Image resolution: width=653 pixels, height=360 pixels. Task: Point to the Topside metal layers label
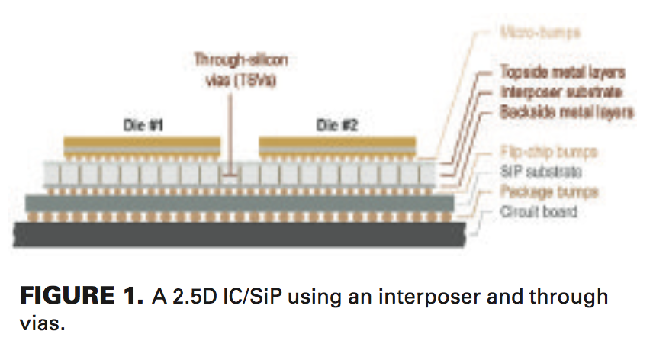pyautogui.click(x=562, y=72)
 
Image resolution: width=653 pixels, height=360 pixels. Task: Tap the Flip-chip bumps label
pyautogui.click(x=547, y=152)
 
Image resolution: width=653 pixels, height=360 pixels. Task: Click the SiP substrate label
pyautogui.click(x=539, y=172)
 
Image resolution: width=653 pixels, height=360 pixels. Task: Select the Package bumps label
pyautogui.click(x=548, y=191)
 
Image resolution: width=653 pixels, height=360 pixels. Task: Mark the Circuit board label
pyautogui.click(x=539, y=211)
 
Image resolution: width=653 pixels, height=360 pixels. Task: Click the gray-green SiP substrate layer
pyautogui.click(x=229, y=202)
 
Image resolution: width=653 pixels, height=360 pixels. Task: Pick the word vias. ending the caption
pyautogui.click(x=43, y=323)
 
